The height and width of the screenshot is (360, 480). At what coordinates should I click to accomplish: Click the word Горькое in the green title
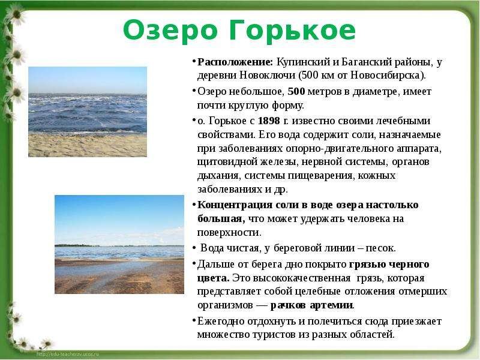(292, 31)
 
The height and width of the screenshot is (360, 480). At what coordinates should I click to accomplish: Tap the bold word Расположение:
(235, 62)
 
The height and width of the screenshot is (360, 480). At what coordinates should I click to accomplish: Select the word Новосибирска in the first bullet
(385, 76)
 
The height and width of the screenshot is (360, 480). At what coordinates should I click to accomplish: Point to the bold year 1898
(269, 121)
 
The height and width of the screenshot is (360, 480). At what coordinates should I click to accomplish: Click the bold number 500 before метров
(296, 91)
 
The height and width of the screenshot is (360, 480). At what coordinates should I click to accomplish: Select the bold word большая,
(221, 218)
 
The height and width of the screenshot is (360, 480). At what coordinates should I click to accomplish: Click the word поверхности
(229, 233)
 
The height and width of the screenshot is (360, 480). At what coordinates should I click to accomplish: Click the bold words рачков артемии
(311, 305)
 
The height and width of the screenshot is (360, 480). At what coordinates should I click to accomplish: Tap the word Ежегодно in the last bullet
(220, 321)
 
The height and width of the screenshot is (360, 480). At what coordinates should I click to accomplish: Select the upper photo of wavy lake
(88, 112)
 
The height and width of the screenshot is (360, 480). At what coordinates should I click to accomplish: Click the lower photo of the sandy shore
(119, 244)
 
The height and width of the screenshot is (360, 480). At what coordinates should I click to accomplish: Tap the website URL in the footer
(68, 354)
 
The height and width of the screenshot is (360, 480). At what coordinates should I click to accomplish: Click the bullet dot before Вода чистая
(194, 248)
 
